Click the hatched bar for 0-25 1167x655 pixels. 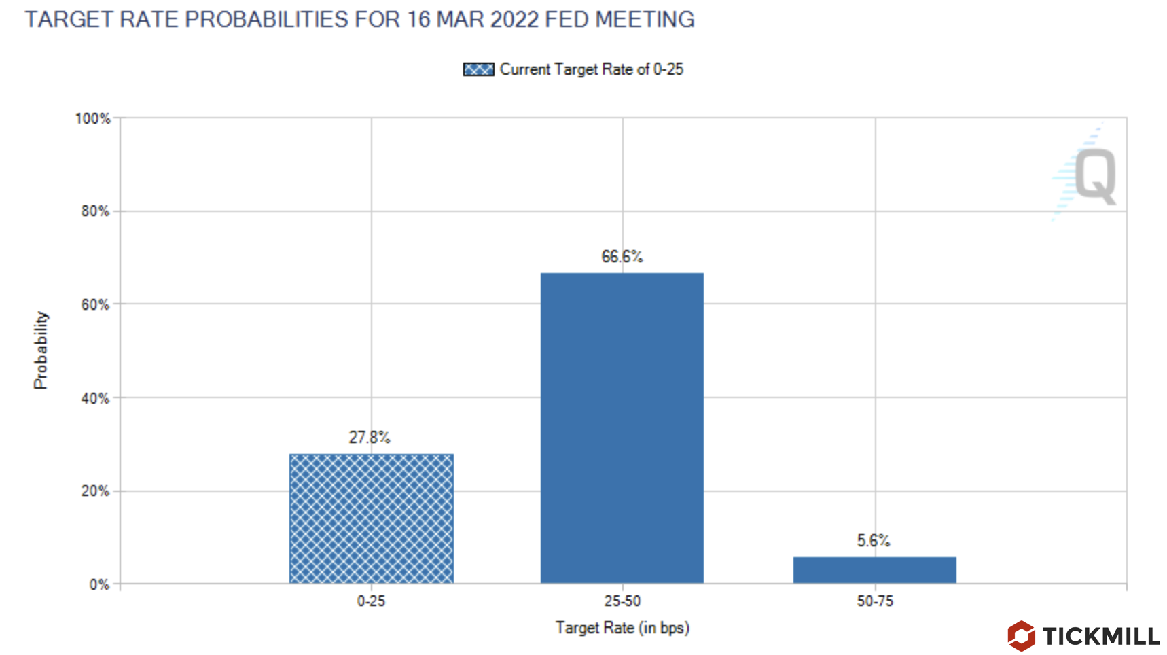coord(371,518)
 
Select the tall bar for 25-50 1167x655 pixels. coord(622,428)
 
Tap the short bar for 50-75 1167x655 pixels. coord(874,570)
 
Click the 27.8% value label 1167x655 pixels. coord(370,437)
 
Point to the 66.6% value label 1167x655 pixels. coord(622,256)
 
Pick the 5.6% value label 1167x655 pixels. coord(873,540)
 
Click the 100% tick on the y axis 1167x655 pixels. coord(92,119)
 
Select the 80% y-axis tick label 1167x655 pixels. coord(95,211)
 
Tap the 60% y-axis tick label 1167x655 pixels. coord(95,305)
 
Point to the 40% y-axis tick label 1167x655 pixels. coord(95,398)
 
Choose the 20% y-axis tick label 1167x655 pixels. coord(95,491)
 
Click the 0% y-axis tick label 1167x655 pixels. coord(99,584)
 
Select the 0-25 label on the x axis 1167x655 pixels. coord(371,601)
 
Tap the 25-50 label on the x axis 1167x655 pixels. coord(622,601)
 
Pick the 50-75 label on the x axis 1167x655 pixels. coord(875,601)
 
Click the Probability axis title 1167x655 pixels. coord(41,350)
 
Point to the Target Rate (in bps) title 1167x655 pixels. coord(622,627)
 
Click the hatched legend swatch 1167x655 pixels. coord(478,69)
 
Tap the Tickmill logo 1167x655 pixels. coord(1084,636)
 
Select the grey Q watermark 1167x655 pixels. coord(1095,175)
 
